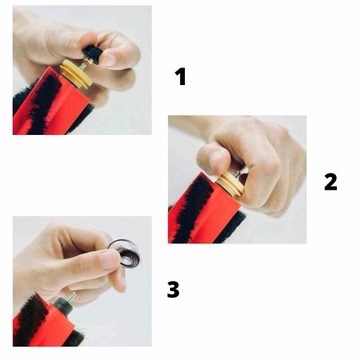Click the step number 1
(180, 77)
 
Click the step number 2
(331, 182)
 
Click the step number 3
(173, 289)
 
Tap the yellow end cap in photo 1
(76, 74)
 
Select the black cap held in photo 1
(92, 55)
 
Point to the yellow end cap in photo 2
(230, 184)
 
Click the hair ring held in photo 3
(123, 253)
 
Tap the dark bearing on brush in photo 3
(63, 306)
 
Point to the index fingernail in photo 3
(111, 259)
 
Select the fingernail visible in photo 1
(109, 60)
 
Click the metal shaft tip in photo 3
(72, 295)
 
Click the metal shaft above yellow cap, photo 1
(84, 65)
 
